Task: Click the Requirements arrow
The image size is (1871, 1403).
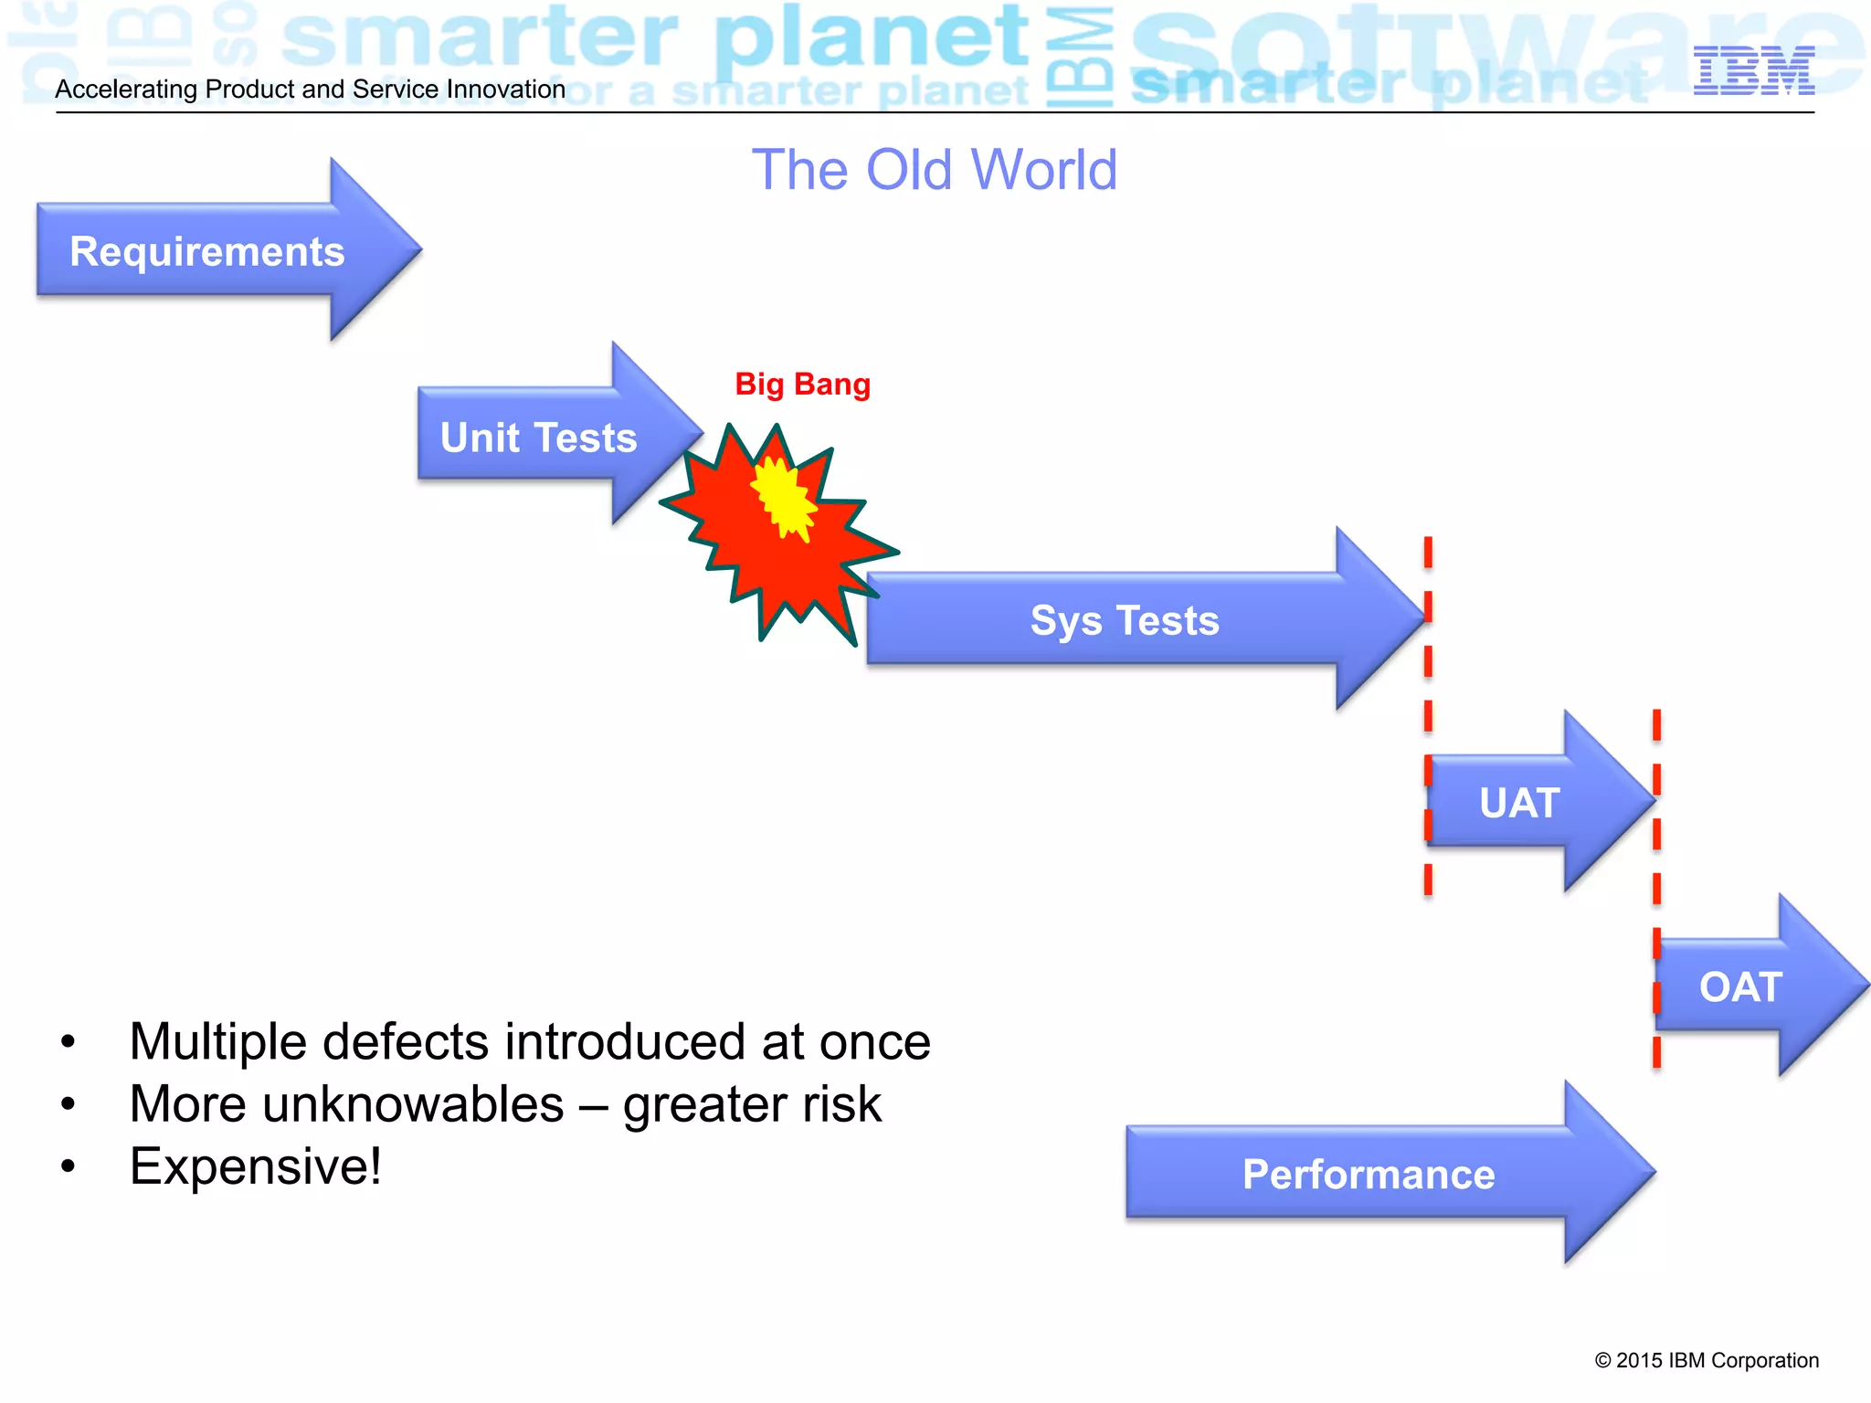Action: [x=207, y=251]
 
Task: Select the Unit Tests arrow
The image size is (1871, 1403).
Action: [x=539, y=437]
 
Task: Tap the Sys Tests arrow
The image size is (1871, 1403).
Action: [x=1125, y=620]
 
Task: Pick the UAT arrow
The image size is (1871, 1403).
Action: [x=1519, y=803]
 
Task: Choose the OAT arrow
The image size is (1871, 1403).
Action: [x=1740, y=986]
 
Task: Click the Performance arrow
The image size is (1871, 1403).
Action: [x=1368, y=1174]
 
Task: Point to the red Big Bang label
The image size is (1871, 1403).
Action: [x=802, y=385]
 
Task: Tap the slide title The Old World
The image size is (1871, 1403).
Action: [x=934, y=170]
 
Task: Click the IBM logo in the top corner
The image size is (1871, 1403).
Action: [x=1753, y=70]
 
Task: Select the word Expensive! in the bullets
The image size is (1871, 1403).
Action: [x=256, y=1166]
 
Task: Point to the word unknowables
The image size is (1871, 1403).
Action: [x=413, y=1104]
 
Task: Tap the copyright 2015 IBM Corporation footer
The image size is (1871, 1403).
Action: [x=1706, y=1360]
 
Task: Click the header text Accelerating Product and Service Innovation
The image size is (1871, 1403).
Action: [x=311, y=90]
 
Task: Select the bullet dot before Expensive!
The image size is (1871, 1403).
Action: [x=68, y=1166]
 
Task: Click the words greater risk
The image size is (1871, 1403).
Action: [x=752, y=1104]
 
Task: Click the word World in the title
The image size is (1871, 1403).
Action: [x=1043, y=170]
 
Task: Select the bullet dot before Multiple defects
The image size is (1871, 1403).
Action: [x=68, y=1042]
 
